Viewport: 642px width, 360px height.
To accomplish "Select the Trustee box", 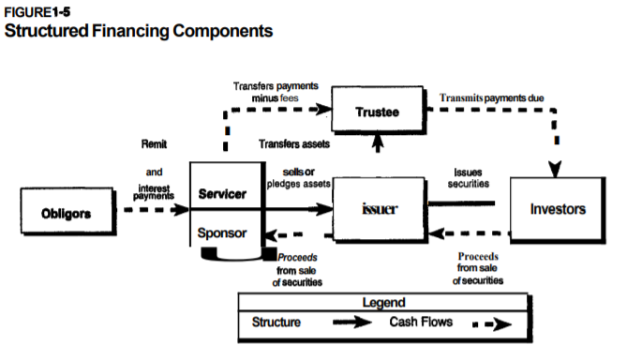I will [x=378, y=112].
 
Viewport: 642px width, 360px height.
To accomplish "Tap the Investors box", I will [x=558, y=208].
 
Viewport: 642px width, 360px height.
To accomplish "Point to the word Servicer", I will [x=223, y=195].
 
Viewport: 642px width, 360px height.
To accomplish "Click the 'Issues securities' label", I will [x=468, y=179].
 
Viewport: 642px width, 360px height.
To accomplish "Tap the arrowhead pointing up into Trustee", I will [x=378, y=141].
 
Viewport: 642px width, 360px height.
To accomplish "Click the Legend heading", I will [x=383, y=303].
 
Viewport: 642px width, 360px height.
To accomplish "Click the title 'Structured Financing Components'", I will [x=139, y=30].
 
